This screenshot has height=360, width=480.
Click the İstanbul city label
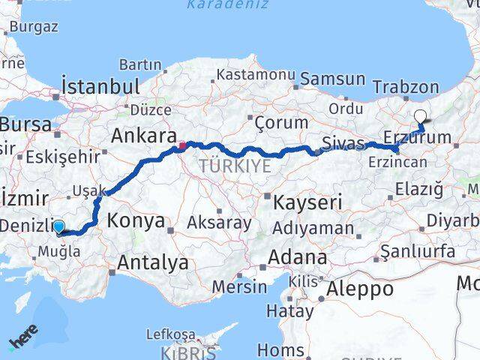(100, 85)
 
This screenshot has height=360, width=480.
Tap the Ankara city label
(139, 136)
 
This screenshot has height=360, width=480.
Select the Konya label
(136, 220)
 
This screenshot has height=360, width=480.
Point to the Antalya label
(153, 262)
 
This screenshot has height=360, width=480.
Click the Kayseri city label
(307, 202)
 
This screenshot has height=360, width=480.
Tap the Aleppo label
(359, 289)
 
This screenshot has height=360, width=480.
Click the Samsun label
(332, 79)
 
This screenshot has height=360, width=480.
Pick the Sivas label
(343, 142)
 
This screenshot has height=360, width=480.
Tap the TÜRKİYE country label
(234, 166)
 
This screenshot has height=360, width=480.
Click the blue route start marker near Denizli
(58, 226)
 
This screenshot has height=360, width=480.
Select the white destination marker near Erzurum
(421, 116)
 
